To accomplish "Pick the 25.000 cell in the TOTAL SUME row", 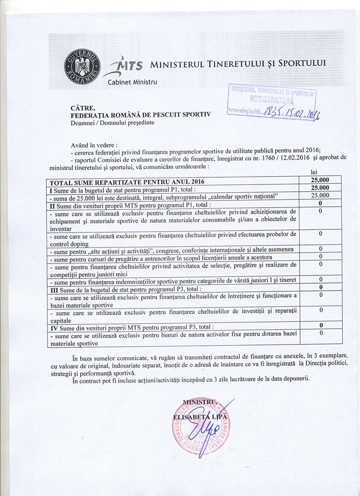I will [x=320, y=180].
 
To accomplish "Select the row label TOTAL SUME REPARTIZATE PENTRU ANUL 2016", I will [x=127, y=181].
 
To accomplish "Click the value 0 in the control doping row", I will [x=320, y=234].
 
